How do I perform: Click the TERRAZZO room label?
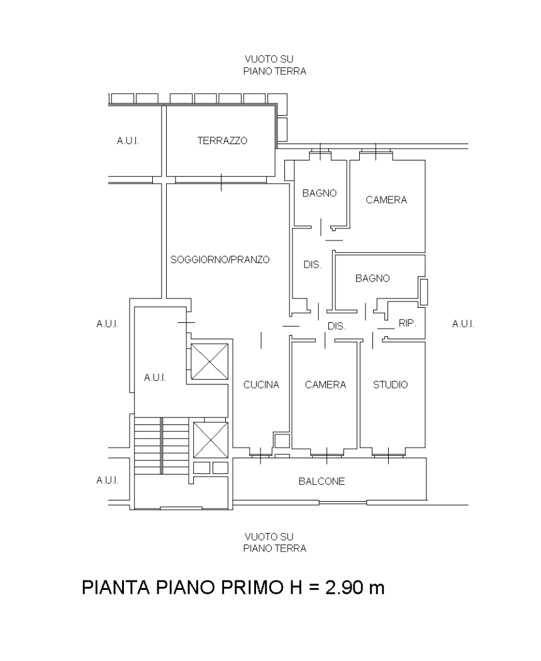pyautogui.click(x=222, y=140)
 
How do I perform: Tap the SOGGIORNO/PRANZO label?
pyautogui.click(x=220, y=259)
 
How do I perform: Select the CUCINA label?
pyautogui.click(x=261, y=385)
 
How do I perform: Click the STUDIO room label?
pyautogui.click(x=390, y=385)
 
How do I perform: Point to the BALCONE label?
pyautogui.click(x=321, y=481)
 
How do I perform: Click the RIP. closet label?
pyautogui.click(x=407, y=324)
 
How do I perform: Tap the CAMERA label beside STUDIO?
pyautogui.click(x=325, y=385)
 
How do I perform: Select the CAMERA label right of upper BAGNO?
pyautogui.click(x=386, y=200)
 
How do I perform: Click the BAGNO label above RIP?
pyautogui.click(x=372, y=278)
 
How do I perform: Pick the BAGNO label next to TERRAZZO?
pyautogui.click(x=320, y=193)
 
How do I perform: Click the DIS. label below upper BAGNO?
pyautogui.click(x=312, y=265)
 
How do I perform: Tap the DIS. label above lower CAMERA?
pyautogui.click(x=336, y=326)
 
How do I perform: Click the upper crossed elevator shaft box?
pyautogui.click(x=209, y=361)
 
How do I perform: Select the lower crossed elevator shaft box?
pyautogui.click(x=210, y=439)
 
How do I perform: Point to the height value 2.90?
pyautogui.click(x=342, y=587)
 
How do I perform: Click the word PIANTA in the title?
pyautogui.click(x=116, y=587)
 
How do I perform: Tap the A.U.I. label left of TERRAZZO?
pyautogui.click(x=128, y=141)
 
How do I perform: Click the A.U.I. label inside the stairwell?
pyautogui.click(x=155, y=377)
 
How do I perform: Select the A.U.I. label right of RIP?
pyautogui.click(x=462, y=324)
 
